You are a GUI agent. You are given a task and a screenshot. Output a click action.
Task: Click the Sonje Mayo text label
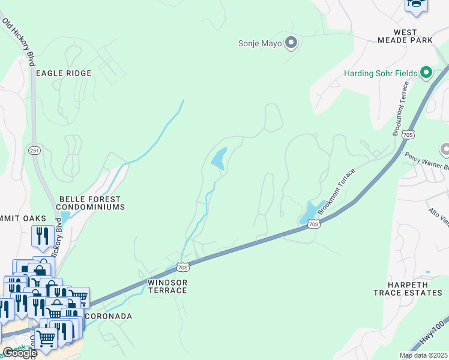click(x=260, y=43)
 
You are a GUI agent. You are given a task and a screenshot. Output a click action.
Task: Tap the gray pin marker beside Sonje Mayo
click(x=291, y=43)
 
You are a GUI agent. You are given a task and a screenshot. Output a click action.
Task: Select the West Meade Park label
click(x=405, y=35)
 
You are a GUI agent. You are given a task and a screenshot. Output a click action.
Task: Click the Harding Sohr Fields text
click(x=380, y=73)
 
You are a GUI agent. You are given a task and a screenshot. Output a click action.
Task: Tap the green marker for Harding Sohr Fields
click(x=426, y=73)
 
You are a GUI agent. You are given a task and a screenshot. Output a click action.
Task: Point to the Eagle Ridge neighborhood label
click(x=64, y=73)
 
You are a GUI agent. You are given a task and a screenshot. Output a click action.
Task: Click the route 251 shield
click(x=37, y=151)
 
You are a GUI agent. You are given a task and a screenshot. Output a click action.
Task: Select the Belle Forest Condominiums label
click(x=90, y=203)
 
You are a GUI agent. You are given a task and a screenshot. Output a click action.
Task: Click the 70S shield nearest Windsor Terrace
click(x=183, y=266)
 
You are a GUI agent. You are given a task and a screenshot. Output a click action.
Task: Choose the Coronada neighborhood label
click(x=108, y=316)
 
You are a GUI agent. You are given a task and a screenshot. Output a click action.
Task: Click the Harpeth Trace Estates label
click(x=408, y=289)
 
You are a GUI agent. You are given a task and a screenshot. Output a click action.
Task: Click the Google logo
click(x=19, y=353)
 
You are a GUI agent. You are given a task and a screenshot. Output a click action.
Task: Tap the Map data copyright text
click(x=423, y=355)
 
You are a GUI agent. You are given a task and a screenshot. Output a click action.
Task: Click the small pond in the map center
click(x=218, y=158)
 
